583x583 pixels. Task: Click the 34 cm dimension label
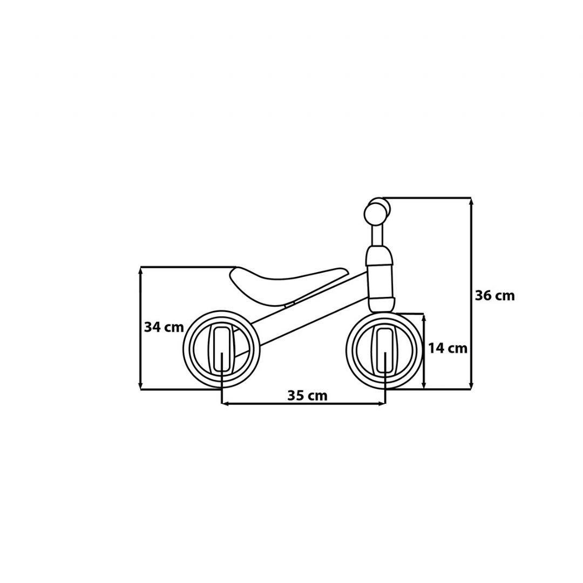click(x=164, y=327)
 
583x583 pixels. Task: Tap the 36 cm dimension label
click(x=495, y=296)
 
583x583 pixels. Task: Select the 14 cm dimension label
click(x=448, y=348)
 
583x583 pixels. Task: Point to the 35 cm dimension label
click(x=307, y=395)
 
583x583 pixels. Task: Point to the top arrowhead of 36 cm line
click(x=471, y=201)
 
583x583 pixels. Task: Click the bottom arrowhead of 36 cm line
click(x=471, y=385)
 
